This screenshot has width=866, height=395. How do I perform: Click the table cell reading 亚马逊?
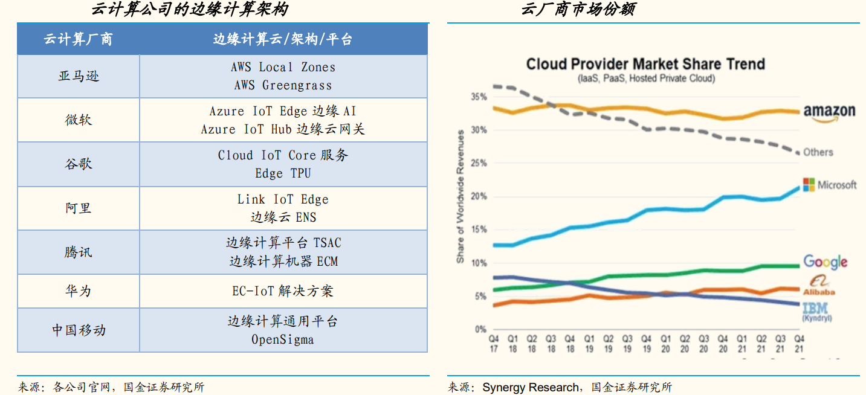tap(79, 76)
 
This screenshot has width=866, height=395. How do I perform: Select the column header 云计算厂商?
tap(79, 40)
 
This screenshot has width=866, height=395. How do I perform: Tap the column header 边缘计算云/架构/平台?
tap(283, 40)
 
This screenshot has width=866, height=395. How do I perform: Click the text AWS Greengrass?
tap(283, 86)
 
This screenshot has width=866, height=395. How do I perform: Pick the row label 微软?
tap(79, 120)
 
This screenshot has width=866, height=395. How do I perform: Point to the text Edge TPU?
tap(283, 173)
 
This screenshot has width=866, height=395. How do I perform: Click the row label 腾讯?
tap(79, 252)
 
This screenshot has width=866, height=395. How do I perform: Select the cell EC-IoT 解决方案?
tap(283, 291)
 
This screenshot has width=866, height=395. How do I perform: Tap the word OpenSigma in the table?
tap(283, 339)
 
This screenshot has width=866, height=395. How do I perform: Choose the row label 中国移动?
tap(79, 330)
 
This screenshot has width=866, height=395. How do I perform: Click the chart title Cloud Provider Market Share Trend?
tap(645, 64)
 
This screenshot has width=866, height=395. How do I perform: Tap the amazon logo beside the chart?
tap(829, 112)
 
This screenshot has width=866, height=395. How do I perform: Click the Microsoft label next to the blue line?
tap(830, 185)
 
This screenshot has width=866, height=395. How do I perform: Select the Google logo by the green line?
tap(825, 262)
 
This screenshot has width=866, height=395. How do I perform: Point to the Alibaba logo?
tap(819, 285)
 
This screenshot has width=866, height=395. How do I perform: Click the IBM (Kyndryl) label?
tap(816, 311)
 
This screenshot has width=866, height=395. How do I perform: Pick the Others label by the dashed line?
tap(818, 152)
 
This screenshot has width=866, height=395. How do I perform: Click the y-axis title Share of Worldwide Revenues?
tap(460, 196)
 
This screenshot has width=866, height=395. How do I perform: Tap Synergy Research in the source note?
tap(531, 387)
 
